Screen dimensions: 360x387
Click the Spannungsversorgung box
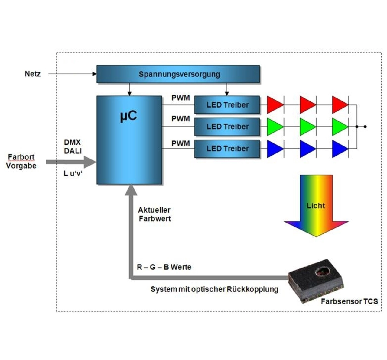[178, 74]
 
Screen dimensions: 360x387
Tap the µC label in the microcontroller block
[128, 116]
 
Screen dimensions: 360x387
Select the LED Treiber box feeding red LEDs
[227, 105]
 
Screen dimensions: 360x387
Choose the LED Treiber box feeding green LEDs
[227, 127]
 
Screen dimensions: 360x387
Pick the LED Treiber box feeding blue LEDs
[227, 149]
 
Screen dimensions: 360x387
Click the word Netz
[32, 74]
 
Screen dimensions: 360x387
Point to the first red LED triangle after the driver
[275, 105]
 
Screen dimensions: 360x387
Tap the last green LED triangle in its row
[339, 127]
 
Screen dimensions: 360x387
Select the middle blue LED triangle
[307, 149]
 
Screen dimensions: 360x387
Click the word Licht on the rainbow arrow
[316, 206]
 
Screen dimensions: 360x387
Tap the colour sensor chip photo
[316, 281]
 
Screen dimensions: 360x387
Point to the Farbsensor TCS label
[349, 301]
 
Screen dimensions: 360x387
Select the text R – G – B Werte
[164, 267]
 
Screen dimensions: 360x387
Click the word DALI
[73, 151]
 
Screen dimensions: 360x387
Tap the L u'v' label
[73, 173]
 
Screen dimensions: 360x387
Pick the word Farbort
[21, 157]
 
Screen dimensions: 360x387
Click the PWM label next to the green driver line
[180, 119]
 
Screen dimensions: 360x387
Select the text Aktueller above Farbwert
[154, 210]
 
